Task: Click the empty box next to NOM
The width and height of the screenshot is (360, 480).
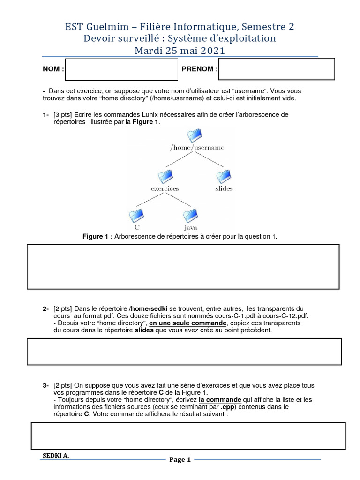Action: click(121, 69)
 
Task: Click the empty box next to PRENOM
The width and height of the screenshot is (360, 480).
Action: click(277, 69)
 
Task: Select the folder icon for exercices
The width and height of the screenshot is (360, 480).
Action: click(165, 177)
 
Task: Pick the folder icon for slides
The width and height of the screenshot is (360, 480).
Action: click(224, 177)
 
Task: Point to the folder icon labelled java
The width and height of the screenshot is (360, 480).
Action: click(190, 216)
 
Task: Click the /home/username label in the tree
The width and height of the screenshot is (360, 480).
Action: click(197, 148)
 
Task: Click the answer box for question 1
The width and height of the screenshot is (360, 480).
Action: click(183, 266)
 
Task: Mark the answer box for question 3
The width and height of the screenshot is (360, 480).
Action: click(188, 435)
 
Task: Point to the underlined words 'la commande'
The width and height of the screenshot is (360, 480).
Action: click(220, 399)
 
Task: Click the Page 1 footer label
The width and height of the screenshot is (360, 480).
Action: click(180, 460)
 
